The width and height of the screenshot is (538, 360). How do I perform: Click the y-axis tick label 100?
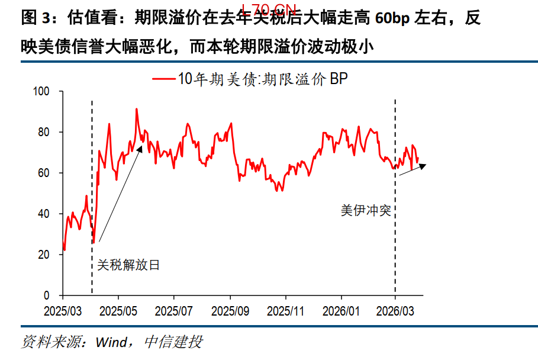[48, 91]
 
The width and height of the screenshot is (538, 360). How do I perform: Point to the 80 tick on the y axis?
[50, 132]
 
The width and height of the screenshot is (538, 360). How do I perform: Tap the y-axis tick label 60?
[50, 173]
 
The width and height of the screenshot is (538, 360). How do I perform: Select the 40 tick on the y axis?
[50, 214]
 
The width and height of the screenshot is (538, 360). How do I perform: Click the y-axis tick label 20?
[50, 255]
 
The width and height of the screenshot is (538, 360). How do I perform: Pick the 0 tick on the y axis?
[53, 295]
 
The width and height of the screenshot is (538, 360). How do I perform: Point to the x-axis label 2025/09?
[230, 310]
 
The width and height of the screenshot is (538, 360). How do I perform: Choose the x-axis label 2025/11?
[285, 310]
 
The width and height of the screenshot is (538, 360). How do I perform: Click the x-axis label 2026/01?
[341, 310]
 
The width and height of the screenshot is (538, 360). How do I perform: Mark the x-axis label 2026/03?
[395, 310]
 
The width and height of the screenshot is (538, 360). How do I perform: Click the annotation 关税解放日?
[128, 265]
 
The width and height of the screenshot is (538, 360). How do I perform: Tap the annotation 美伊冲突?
[366, 211]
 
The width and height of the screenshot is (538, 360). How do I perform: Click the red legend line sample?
[164, 79]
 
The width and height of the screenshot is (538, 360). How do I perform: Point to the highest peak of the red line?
[137, 110]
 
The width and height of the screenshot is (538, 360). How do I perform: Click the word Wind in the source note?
[111, 342]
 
